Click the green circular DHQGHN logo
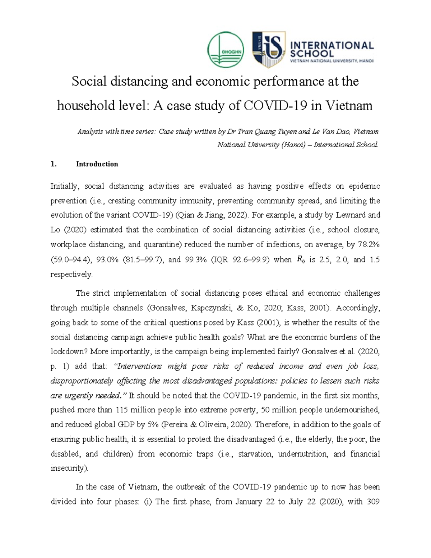coord(226,50)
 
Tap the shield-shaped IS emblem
coord(269,50)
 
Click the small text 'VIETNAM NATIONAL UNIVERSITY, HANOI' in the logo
coord(332,61)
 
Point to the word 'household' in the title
coord(83,106)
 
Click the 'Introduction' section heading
coord(97,164)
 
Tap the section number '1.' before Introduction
coord(54,164)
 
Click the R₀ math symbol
coord(300,260)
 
